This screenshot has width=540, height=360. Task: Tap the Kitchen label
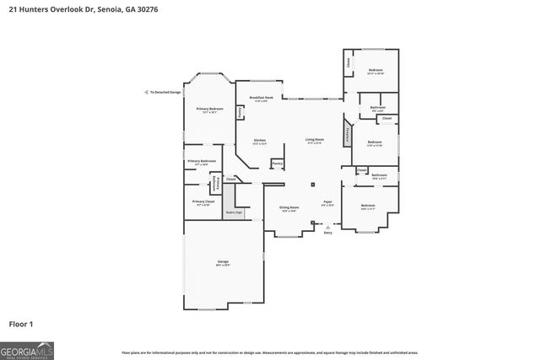(x=260, y=140)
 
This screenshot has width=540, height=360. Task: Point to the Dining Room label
(x=289, y=207)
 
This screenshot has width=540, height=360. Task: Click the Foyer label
(x=327, y=201)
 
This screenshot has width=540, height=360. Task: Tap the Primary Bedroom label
(x=210, y=109)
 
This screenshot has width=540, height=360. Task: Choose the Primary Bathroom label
(x=202, y=160)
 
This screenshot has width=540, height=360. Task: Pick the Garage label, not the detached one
(x=223, y=262)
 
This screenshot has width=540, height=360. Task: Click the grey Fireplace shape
(x=346, y=134)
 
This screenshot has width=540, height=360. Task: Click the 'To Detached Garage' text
(x=164, y=92)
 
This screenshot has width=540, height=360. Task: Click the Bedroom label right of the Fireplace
(x=375, y=142)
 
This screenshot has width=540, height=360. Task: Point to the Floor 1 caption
(x=20, y=324)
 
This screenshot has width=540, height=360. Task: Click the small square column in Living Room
(x=312, y=184)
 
